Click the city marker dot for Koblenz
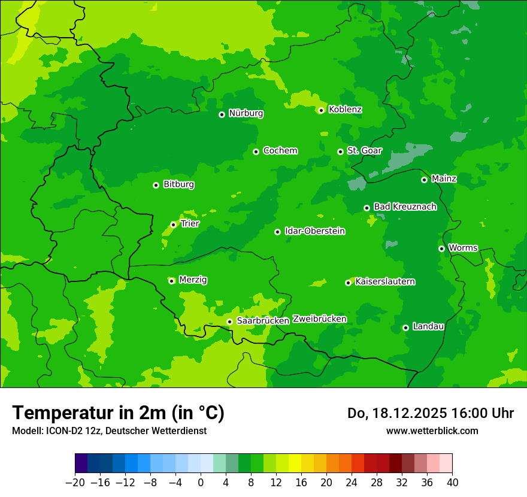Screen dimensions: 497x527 pyautogui.click(x=322, y=110)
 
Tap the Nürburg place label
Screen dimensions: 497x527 pyautogui.click(x=246, y=113)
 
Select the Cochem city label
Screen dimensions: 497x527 pyautogui.click(x=280, y=150)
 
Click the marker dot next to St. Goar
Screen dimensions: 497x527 pyautogui.click(x=340, y=151)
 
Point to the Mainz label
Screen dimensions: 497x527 pyautogui.click(x=444, y=178)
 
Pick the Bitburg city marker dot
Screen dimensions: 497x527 pyautogui.click(x=156, y=185)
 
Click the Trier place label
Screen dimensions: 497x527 pyautogui.click(x=190, y=223)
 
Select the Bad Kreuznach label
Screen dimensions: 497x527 pyautogui.click(x=405, y=207)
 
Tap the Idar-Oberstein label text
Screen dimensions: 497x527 pyautogui.click(x=314, y=231)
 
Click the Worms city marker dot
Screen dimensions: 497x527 pyautogui.click(x=441, y=249)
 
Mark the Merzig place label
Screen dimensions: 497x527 pyautogui.click(x=193, y=280)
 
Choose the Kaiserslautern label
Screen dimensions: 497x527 pyautogui.click(x=385, y=281)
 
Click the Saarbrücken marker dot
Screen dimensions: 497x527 pyautogui.click(x=229, y=322)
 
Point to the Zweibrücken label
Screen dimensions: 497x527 pyautogui.click(x=319, y=319)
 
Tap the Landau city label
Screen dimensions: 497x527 pyautogui.click(x=428, y=326)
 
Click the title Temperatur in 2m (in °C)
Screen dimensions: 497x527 pyautogui.click(x=118, y=413)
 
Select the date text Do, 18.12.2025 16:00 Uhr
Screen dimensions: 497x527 pyautogui.click(x=430, y=413)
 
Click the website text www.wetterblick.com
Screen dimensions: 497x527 pyautogui.click(x=432, y=431)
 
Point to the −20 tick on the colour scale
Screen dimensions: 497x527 pyautogui.click(x=75, y=483)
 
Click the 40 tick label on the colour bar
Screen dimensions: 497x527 pyautogui.click(x=452, y=483)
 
